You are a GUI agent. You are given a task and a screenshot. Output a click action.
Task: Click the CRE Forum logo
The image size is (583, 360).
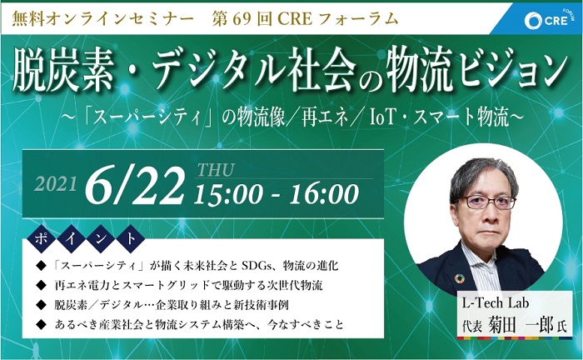[x=547, y=20]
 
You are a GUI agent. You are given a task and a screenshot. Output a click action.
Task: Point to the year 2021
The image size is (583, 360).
[x=56, y=184]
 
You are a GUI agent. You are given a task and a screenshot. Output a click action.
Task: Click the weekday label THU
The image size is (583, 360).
[x=215, y=170]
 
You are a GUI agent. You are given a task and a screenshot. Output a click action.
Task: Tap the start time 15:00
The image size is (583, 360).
[x=228, y=195]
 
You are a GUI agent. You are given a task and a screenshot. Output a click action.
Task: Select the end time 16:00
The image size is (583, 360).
[x=324, y=195]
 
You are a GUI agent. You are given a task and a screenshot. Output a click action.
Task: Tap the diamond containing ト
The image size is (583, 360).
[x=131, y=239]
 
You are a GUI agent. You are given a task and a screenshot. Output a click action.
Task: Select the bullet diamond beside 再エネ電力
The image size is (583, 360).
[x=41, y=285]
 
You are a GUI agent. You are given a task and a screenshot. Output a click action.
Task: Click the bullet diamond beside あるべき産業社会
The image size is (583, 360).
[x=41, y=325]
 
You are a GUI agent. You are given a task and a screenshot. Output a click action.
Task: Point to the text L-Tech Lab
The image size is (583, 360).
[x=496, y=303]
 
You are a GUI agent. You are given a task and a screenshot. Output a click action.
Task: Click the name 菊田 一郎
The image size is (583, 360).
[x=521, y=325]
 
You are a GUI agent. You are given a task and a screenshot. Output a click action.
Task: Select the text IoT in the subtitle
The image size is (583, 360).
[x=384, y=118]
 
